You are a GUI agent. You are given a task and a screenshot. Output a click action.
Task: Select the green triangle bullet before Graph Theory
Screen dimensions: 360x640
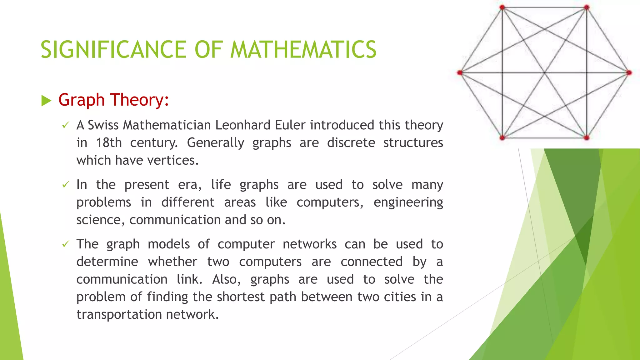[x=46, y=101]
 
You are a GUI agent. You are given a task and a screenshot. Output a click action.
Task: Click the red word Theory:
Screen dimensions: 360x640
[x=139, y=100]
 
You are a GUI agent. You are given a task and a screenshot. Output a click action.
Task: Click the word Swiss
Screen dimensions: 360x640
[x=103, y=125]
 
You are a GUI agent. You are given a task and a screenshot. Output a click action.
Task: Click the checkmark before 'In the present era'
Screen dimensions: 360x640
[x=65, y=185]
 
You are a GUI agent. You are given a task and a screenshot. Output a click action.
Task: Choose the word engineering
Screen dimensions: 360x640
[x=408, y=202]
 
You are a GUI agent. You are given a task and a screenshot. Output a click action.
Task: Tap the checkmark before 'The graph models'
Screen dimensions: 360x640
[x=65, y=244]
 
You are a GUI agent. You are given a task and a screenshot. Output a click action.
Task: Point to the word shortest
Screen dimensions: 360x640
[x=241, y=297]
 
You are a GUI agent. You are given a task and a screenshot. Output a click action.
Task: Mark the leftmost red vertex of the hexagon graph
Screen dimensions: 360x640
[x=460, y=73]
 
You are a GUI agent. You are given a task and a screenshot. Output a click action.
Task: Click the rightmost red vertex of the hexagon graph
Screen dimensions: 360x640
[x=629, y=73]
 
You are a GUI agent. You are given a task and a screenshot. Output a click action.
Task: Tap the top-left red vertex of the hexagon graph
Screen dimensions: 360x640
[x=502, y=7]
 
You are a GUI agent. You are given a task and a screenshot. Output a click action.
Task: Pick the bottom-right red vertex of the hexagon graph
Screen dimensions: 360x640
[x=587, y=137]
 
